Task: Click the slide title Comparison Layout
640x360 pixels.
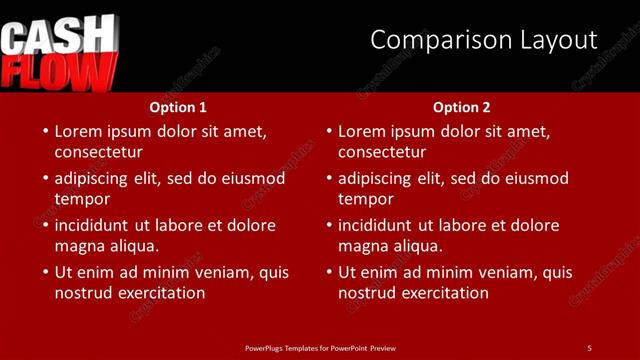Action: pyautogui.click(x=483, y=40)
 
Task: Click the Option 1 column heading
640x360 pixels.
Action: pyautogui.click(x=178, y=107)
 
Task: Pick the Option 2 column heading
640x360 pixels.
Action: pyautogui.click(x=462, y=107)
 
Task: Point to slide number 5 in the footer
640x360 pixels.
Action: pyautogui.click(x=589, y=347)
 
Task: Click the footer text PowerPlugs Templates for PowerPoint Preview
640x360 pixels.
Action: pyautogui.click(x=320, y=347)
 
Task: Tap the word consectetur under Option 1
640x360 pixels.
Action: pyautogui.click(x=98, y=152)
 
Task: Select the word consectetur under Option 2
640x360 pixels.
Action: pyautogui.click(x=382, y=152)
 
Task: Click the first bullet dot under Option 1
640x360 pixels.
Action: pyautogui.click(x=43, y=132)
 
